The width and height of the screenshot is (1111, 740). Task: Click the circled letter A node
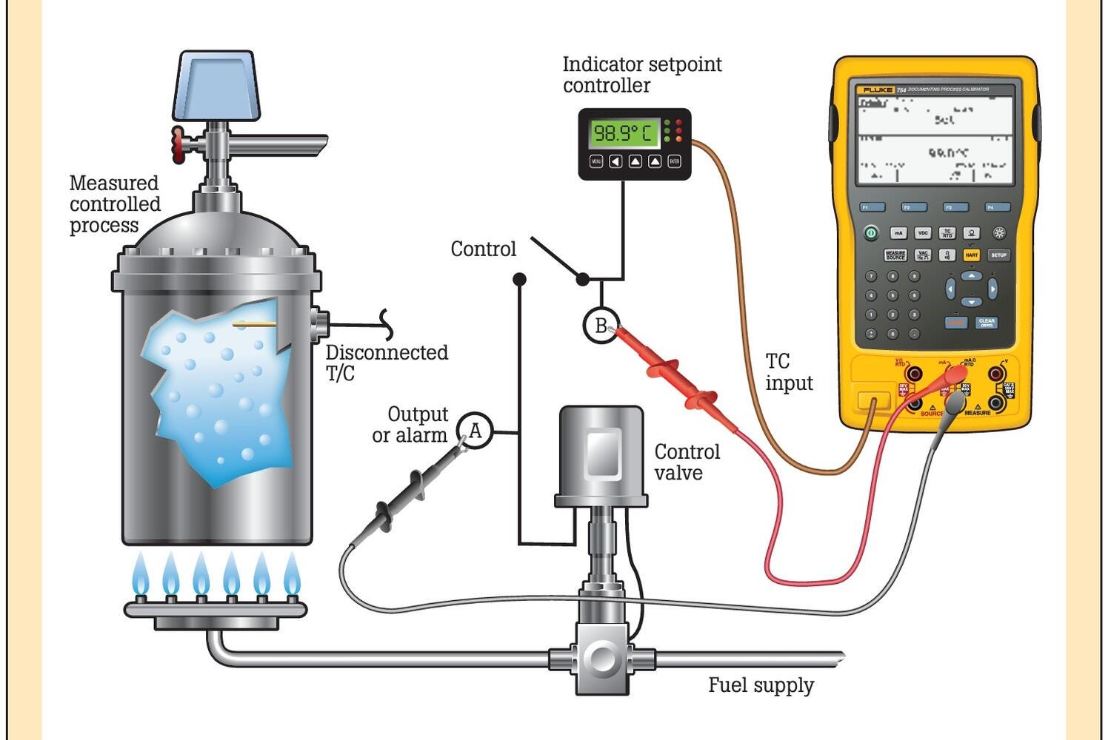(x=476, y=431)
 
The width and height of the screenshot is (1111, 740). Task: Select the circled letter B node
(x=601, y=325)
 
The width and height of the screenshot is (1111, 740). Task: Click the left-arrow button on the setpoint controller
(x=615, y=161)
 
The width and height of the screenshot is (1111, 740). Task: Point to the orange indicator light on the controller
(x=678, y=139)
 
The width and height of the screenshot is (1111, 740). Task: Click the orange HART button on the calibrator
(x=971, y=255)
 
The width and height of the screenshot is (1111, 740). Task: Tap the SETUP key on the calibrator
(x=999, y=255)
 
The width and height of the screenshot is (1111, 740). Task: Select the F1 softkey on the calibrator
(x=872, y=208)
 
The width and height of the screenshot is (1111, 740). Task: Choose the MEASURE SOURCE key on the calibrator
(x=895, y=255)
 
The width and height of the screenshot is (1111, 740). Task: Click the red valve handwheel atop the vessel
(x=178, y=144)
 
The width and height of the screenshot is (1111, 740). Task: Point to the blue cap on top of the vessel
(x=216, y=85)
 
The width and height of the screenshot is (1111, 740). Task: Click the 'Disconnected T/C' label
(x=387, y=363)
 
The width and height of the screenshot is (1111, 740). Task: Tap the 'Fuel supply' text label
(x=761, y=685)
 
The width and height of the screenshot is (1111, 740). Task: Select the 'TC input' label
(x=789, y=372)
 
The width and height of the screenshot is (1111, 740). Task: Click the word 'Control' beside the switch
(x=483, y=249)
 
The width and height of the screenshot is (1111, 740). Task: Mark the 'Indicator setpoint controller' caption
(x=641, y=75)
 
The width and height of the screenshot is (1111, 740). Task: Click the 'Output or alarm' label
(x=410, y=424)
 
